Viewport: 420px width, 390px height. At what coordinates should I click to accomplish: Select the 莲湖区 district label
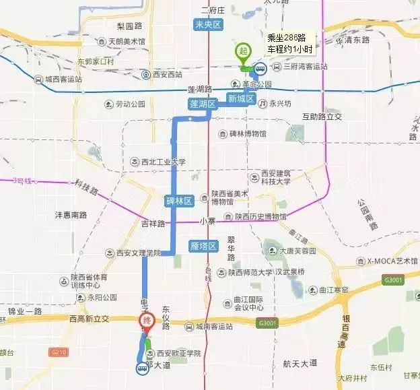(x=202, y=104)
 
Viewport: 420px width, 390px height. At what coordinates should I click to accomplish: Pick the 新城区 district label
(x=240, y=99)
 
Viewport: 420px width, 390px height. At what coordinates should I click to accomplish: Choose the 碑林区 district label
(x=179, y=201)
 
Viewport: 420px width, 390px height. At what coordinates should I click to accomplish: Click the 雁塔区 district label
(x=203, y=246)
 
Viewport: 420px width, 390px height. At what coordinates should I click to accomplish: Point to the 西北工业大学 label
(x=159, y=162)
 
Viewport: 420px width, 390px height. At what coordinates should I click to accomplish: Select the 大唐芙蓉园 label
(x=299, y=251)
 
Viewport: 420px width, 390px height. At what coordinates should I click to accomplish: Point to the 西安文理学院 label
(x=134, y=253)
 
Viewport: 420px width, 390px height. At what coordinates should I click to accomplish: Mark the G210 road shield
(x=59, y=352)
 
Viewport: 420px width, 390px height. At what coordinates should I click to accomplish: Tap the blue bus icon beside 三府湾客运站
(x=259, y=67)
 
